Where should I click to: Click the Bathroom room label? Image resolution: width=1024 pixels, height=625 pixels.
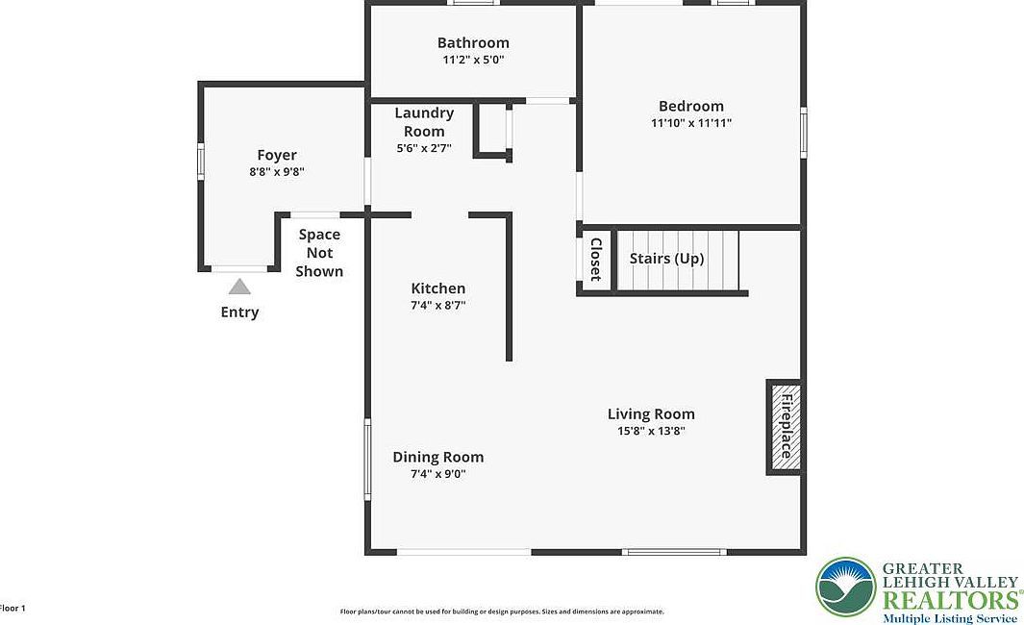(473, 42)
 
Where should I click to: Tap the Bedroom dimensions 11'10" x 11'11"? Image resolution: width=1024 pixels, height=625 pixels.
(690, 123)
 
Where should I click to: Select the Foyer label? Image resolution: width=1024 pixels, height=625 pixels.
(277, 155)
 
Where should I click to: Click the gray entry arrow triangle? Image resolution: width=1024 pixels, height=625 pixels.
(239, 287)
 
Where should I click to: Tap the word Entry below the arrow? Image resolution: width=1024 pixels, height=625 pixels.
(239, 312)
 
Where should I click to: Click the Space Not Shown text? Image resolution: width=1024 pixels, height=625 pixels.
(319, 253)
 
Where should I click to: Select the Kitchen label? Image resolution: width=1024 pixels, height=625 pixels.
(438, 288)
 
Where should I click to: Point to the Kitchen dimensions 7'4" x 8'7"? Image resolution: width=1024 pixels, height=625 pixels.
(438, 305)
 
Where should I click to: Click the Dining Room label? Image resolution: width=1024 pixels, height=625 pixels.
(438, 457)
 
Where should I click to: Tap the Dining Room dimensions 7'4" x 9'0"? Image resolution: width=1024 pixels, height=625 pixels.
(438, 473)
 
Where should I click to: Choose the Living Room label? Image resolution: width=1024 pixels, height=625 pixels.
(651, 414)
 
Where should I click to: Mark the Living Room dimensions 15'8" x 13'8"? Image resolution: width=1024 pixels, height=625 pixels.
(651, 431)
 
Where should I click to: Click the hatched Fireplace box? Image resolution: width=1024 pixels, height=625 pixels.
(785, 427)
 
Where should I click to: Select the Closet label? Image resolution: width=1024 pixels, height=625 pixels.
(595, 259)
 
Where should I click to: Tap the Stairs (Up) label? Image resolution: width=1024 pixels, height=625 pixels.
(666, 259)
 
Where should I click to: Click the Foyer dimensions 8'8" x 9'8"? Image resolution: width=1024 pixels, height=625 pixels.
(277, 172)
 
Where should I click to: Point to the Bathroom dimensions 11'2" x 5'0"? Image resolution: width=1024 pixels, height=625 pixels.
(473, 60)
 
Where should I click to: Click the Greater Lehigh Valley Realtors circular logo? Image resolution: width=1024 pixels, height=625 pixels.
(846, 587)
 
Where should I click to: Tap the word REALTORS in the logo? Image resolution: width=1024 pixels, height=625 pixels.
(952, 600)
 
